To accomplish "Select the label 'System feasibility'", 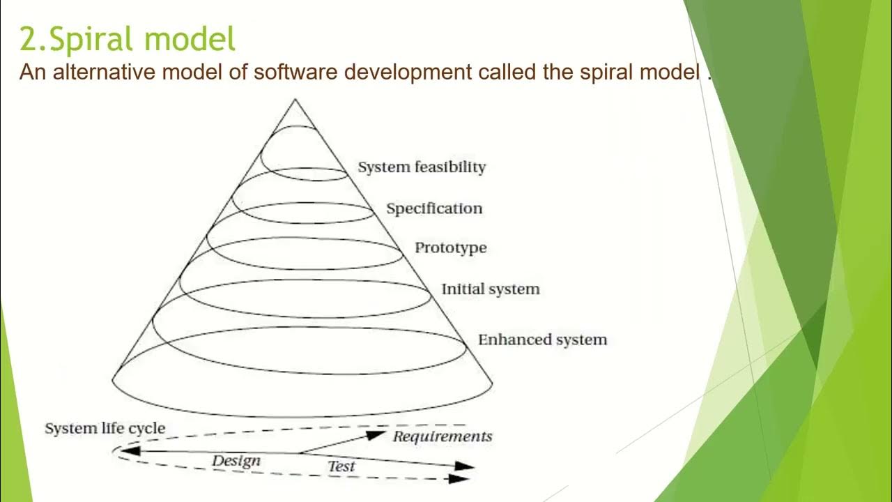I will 422,167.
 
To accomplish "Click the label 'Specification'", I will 434,208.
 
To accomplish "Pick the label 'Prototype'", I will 451,248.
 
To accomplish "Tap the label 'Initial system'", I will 491,289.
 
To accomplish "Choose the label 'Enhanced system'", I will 542,340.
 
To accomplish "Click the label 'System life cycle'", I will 105,429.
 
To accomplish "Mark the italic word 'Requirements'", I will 443,437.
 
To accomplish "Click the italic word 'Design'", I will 236,461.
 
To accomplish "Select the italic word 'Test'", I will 341,466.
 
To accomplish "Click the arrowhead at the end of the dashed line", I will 459,478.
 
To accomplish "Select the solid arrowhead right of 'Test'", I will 465,466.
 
